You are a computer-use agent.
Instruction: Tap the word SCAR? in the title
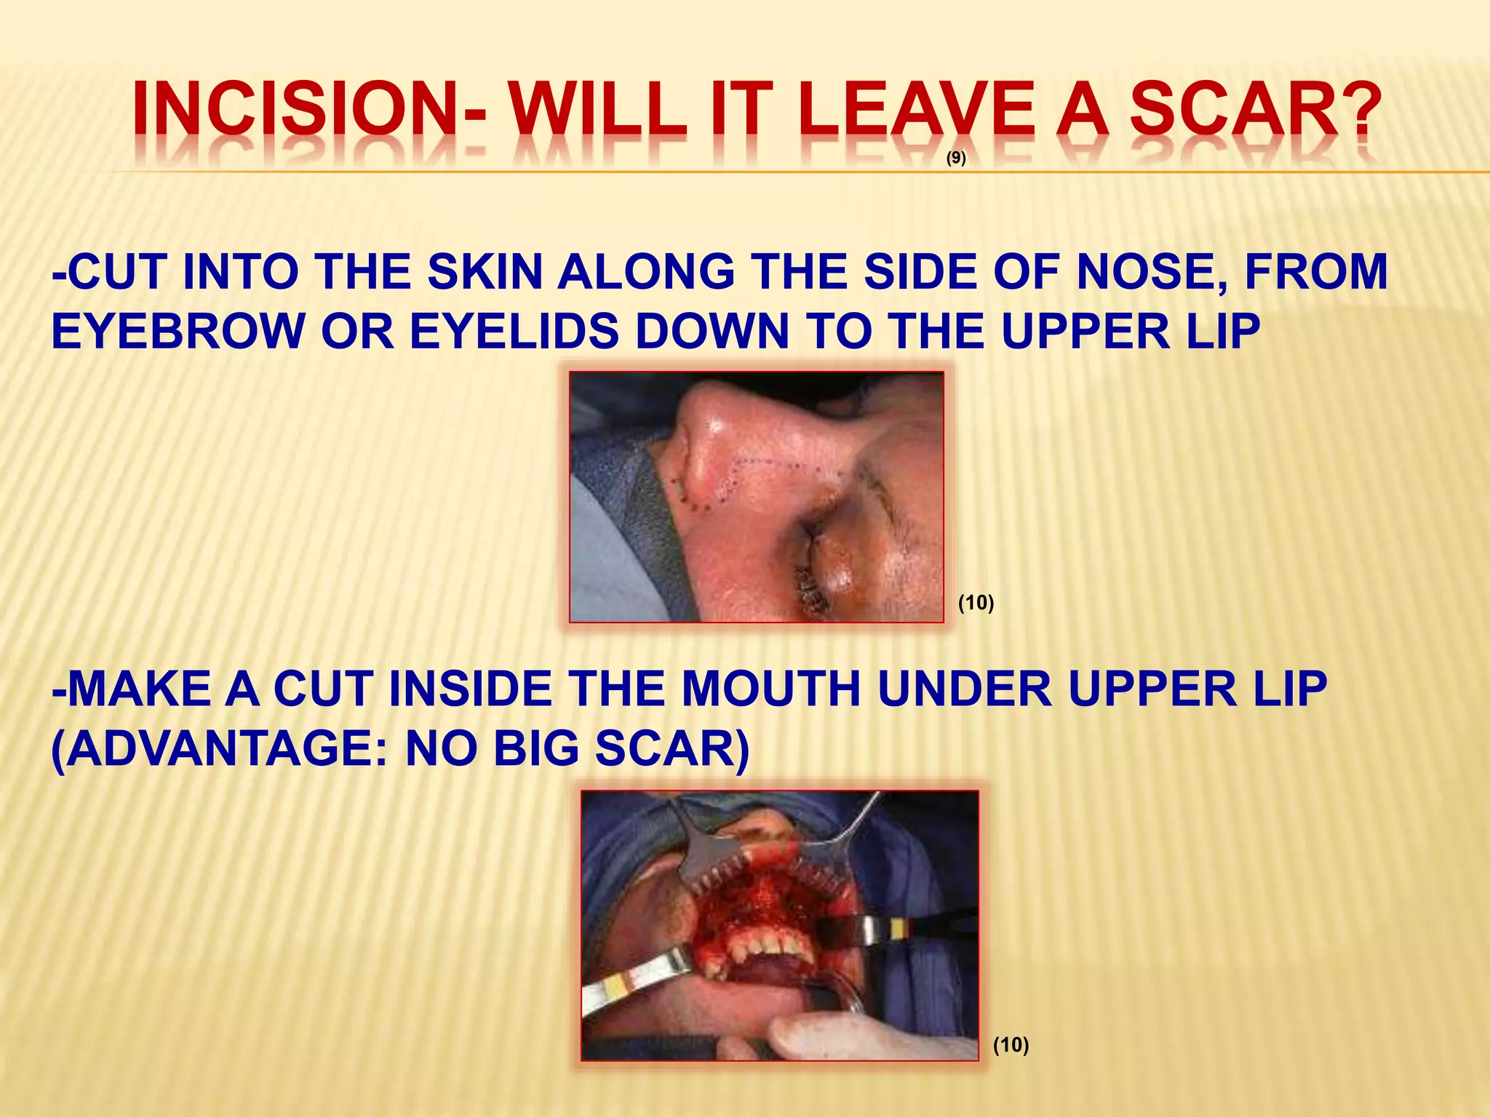(1254, 111)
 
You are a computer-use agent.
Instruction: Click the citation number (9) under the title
(956, 159)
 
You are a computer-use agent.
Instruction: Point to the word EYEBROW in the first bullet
(178, 332)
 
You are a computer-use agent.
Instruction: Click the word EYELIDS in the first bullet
(514, 332)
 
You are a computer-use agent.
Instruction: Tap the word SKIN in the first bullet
(485, 273)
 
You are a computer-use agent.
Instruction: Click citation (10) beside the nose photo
(976, 602)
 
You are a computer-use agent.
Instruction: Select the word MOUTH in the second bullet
(770, 689)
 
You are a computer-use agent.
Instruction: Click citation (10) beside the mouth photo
(1011, 1045)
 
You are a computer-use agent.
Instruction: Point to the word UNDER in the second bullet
(965, 689)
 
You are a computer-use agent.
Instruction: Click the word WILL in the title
(597, 111)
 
